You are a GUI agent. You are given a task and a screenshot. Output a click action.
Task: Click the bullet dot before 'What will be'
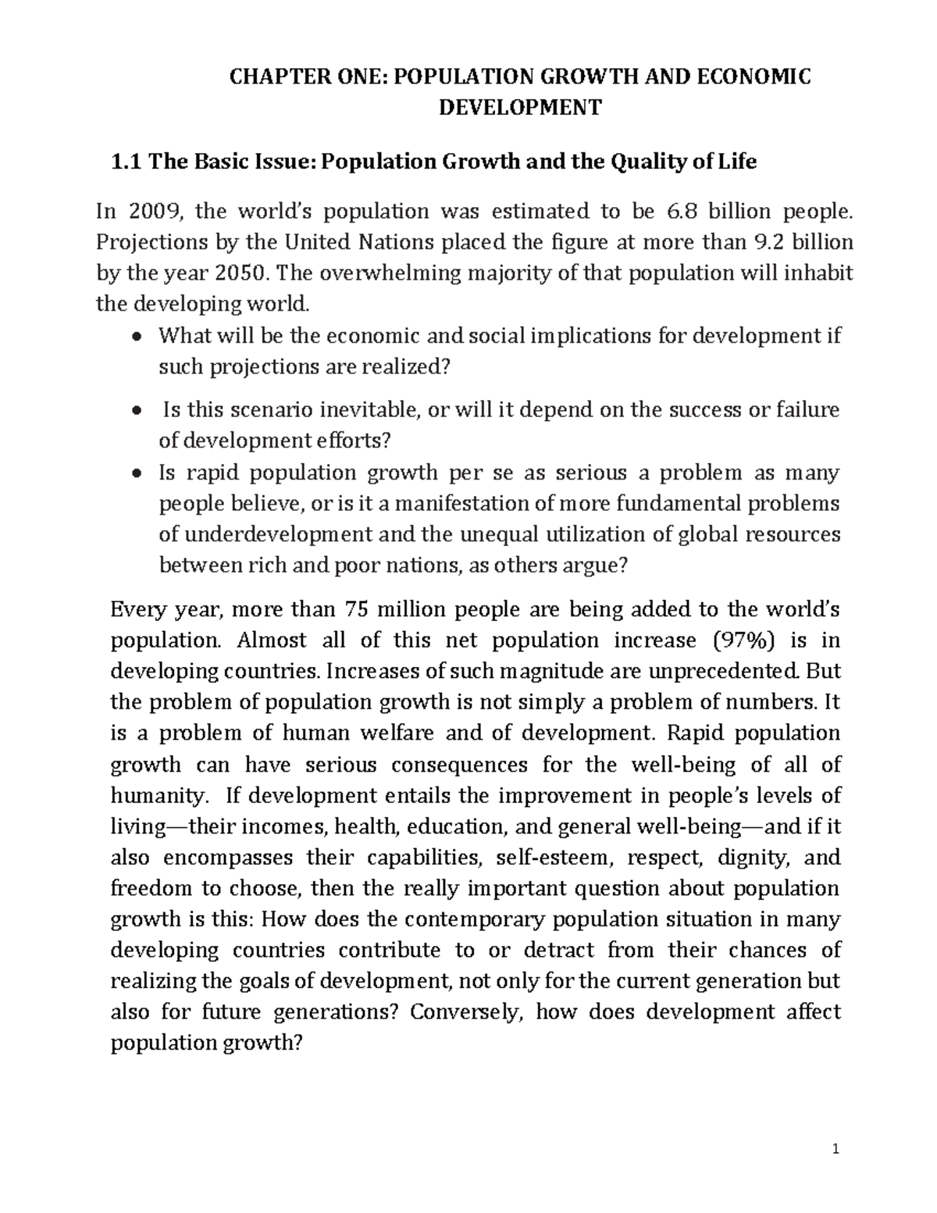(x=137, y=337)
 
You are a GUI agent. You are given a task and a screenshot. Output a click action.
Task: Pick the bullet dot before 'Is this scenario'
(x=137, y=411)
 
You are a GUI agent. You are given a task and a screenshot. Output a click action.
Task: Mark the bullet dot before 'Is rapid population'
(x=137, y=473)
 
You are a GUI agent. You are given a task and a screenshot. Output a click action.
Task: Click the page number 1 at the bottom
(x=835, y=1149)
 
